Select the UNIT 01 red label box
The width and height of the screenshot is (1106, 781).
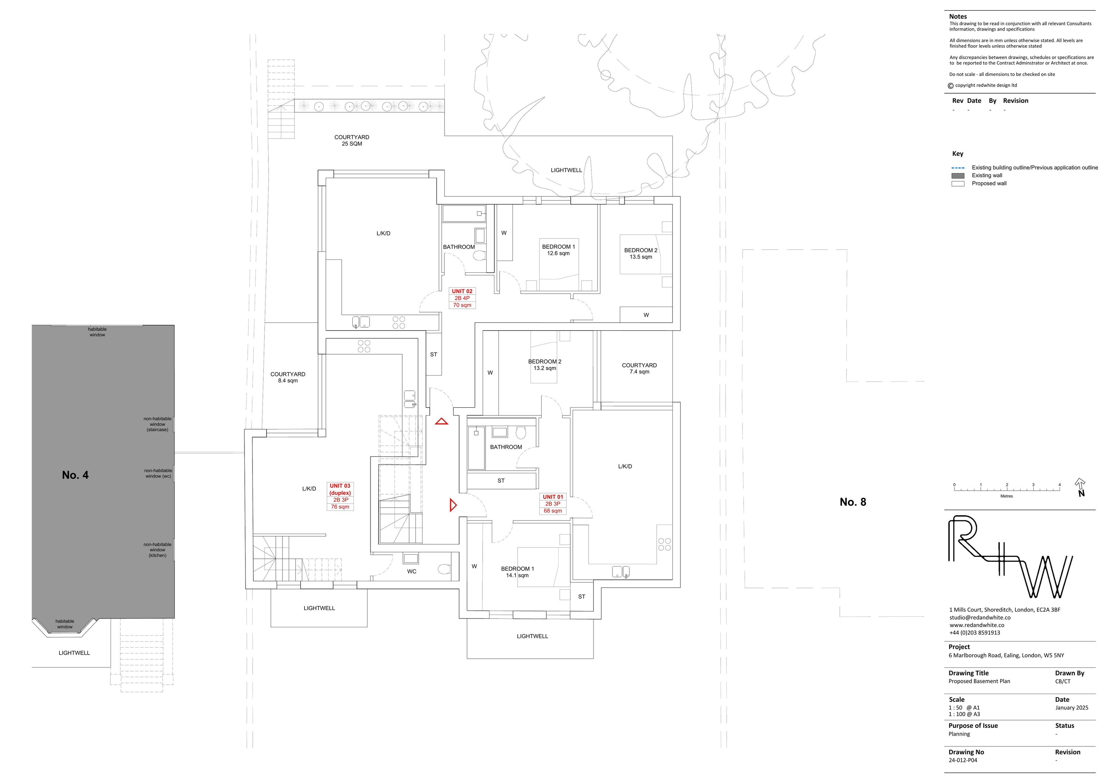click(x=553, y=504)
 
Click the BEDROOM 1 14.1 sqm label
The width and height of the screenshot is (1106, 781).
click(x=517, y=572)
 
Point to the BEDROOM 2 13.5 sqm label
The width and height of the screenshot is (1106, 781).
click(x=641, y=253)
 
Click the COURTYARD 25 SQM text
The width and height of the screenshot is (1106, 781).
click(x=352, y=140)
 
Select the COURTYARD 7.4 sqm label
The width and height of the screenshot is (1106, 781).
click(x=639, y=368)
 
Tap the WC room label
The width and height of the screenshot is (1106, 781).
click(x=411, y=572)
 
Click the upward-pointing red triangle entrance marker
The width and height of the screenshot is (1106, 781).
click(x=441, y=422)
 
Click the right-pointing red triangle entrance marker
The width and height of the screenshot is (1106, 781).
click(x=452, y=505)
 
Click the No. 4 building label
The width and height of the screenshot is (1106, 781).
click(x=75, y=475)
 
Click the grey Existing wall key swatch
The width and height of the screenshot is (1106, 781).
click(x=958, y=176)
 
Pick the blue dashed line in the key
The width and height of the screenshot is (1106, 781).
click(x=958, y=168)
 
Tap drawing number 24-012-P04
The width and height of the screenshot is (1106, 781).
click(x=963, y=760)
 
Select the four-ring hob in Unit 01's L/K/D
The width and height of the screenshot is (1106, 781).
click(x=664, y=544)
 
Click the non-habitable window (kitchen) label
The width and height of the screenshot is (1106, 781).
click(x=157, y=550)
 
